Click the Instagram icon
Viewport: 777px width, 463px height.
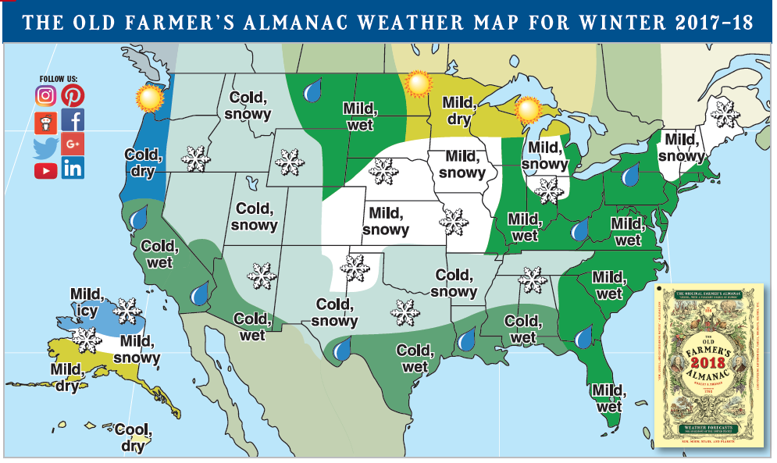coord(46,96)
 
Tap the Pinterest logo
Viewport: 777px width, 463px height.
coord(73,96)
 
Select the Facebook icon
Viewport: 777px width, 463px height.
coord(73,120)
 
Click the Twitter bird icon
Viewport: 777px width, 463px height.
coord(46,146)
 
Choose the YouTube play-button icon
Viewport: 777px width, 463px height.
coord(46,169)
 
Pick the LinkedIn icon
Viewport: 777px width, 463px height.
coord(73,169)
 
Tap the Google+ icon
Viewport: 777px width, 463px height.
coord(73,144)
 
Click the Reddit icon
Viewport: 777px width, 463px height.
coord(46,121)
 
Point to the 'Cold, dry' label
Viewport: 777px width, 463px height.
coord(142,162)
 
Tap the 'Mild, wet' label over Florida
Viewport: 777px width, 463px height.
coord(608,397)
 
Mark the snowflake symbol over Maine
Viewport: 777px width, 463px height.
coord(725,116)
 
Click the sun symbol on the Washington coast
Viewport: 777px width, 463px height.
coord(148,99)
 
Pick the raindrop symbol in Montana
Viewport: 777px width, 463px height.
coord(314,91)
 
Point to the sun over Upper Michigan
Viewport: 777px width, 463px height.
coord(529,109)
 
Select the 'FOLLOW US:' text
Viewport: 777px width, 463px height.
coord(59,79)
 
